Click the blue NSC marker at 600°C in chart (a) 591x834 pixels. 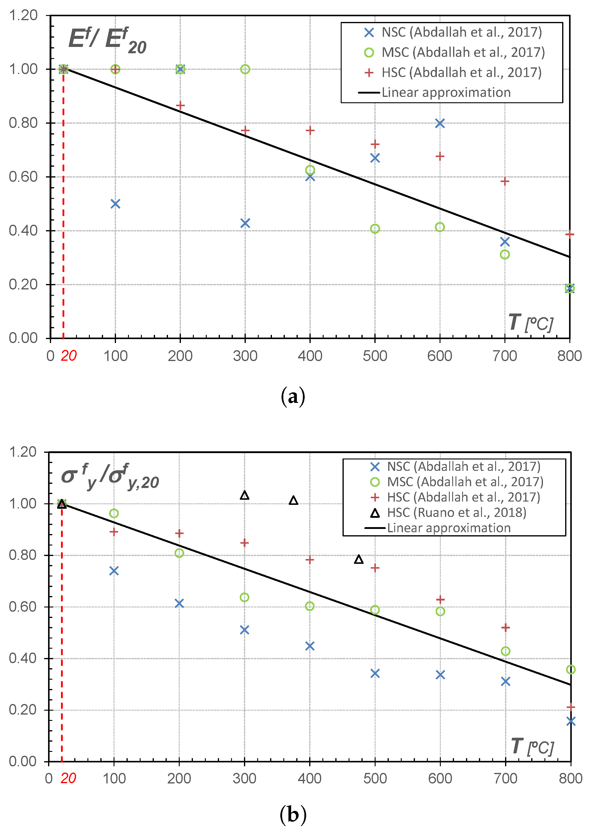[440, 123]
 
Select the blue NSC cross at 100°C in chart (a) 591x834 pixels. [115, 204]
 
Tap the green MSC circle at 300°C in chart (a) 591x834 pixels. [245, 69]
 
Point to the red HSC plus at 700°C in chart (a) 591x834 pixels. [504, 181]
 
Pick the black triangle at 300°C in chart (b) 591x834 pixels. [245, 495]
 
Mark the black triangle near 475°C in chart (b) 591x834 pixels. [359, 559]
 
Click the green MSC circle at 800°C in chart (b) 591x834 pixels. [571, 669]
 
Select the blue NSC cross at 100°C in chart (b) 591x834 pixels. [114, 570]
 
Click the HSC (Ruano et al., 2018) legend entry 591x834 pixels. [448, 513]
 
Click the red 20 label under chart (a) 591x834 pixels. [69, 356]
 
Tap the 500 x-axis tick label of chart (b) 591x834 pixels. [375, 778]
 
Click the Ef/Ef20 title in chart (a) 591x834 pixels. [107, 40]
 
